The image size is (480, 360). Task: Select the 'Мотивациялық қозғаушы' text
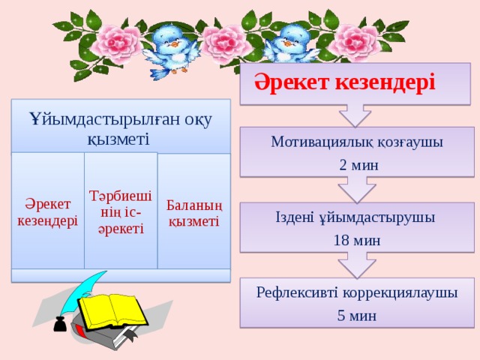point(357,142)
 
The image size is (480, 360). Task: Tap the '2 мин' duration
point(357,165)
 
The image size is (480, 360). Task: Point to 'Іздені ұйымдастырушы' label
point(356,217)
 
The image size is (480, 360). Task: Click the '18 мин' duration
point(357,241)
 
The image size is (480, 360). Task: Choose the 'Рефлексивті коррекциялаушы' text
point(357,292)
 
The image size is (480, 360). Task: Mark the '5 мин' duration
point(357,316)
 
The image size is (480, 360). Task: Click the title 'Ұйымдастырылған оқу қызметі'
point(120,128)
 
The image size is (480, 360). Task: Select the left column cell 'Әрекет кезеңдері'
point(48,212)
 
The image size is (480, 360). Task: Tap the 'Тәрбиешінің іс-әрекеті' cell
point(121,211)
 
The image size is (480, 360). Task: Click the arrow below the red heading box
point(355,115)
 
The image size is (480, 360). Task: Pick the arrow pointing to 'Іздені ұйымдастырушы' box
point(357,190)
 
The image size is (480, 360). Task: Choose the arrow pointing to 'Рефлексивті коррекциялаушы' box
point(357,265)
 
